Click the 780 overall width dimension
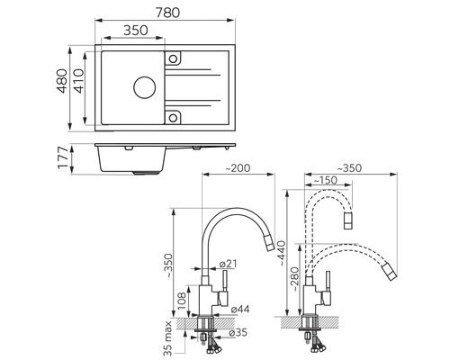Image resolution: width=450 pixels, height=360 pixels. point(167,13)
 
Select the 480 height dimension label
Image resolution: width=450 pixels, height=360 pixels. point(62,81)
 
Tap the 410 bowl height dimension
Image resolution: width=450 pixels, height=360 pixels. point(78,81)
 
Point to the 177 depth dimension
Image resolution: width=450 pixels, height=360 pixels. point(63,157)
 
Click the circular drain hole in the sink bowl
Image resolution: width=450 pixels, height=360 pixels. point(145,87)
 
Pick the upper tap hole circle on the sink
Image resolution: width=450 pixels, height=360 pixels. point(173,58)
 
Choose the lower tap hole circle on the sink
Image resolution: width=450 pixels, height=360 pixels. point(173,118)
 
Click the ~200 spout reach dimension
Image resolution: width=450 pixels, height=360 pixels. point(238,168)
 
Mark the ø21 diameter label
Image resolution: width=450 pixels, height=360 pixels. point(229,264)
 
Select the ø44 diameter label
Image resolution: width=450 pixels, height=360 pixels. point(240,309)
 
